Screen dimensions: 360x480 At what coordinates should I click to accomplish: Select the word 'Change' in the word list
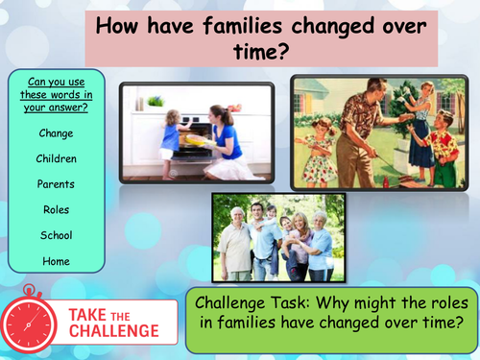[x=56, y=133]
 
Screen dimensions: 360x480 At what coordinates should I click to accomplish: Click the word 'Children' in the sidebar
[x=56, y=158]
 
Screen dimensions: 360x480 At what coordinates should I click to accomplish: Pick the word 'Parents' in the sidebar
[x=56, y=184]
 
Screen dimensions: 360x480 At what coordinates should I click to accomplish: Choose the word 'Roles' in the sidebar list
[x=56, y=209]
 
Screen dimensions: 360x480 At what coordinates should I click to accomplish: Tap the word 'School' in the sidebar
[x=56, y=235]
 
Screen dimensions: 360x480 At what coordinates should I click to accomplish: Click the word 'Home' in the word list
[x=56, y=260]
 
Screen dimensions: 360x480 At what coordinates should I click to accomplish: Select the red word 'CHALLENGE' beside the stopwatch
[x=114, y=331]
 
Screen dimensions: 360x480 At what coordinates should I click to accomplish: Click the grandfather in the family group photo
[x=235, y=240]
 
